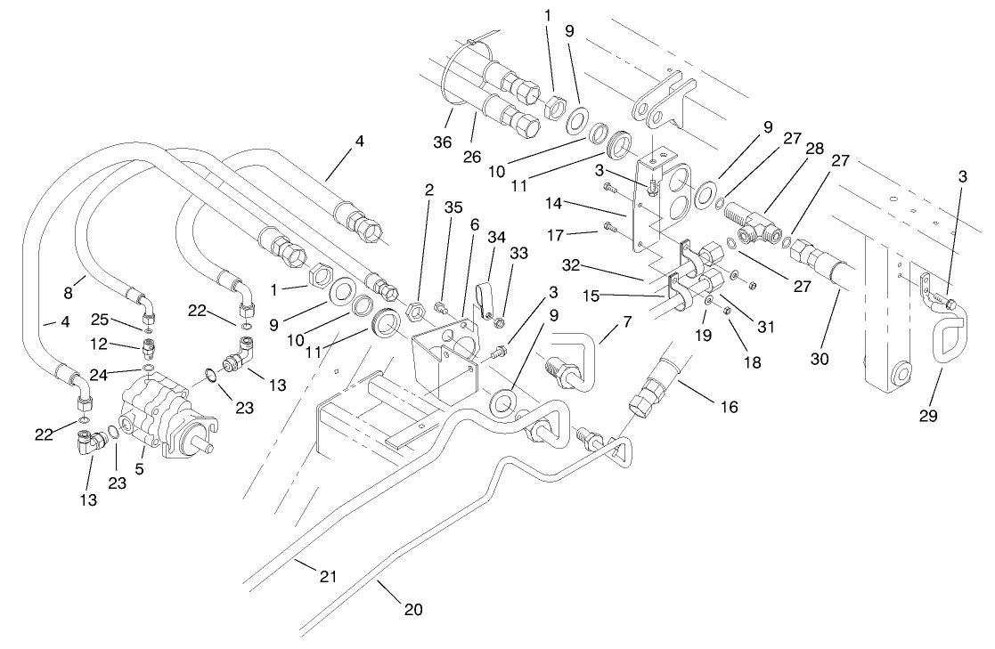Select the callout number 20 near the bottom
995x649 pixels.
pyautogui.click(x=412, y=611)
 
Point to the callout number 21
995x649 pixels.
pyautogui.click(x=328, y=578)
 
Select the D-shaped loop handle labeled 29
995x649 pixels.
pyautogui.click(x=946, y=339)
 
